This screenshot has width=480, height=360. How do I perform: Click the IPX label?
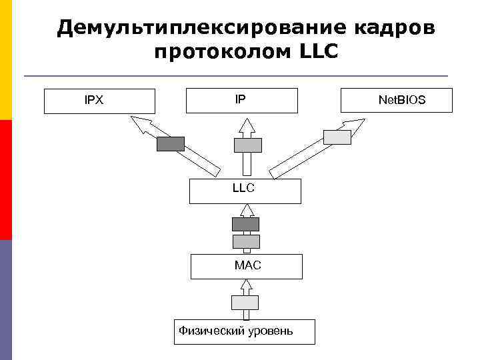point(94,101)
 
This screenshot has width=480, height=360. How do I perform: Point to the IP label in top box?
point(240,99)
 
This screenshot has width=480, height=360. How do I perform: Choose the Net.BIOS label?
point(402,101)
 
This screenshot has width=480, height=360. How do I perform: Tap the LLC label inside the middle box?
point(244,188)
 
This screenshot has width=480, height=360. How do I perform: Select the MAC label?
point(248,265)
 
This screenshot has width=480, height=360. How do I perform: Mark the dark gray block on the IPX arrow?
point(171,143)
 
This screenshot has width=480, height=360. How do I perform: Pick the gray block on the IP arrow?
point(247,145)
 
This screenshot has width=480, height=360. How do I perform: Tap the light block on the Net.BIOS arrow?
point(337,137)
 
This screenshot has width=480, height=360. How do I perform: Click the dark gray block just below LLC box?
point(245,224)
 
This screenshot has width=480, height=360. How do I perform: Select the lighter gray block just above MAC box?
point(246,241)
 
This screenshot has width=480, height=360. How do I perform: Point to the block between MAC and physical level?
point(245,302)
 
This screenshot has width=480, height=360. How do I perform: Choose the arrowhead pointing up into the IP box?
point(247,125)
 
